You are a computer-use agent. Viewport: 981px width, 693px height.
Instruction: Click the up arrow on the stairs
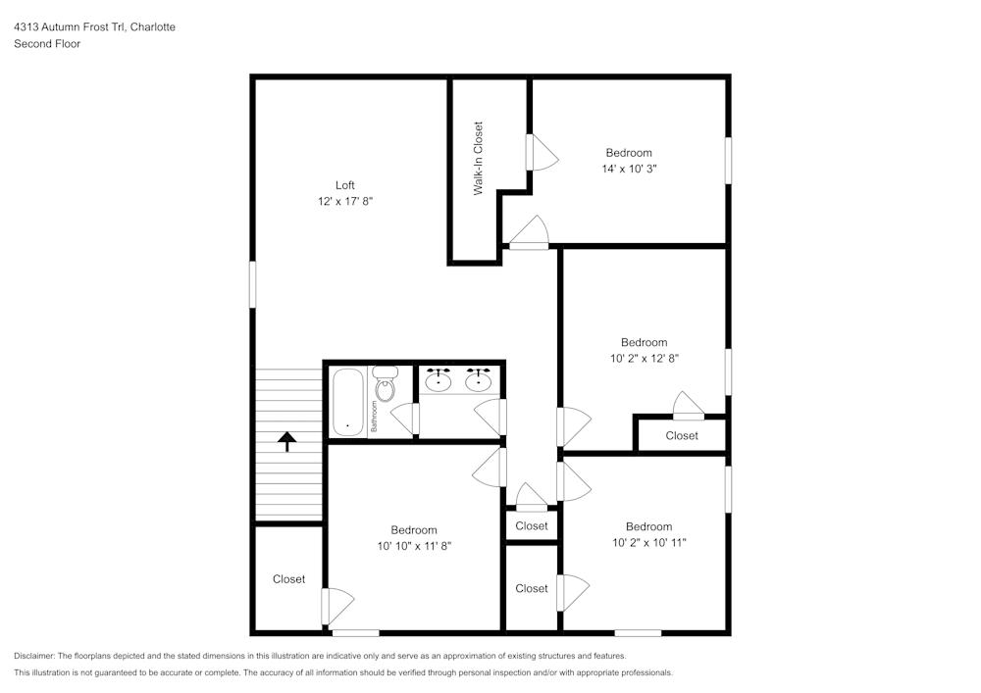(x=287, y=441)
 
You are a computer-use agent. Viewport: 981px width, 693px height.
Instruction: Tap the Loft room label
(x=344, y=185)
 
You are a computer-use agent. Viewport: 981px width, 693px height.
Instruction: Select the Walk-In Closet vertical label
(x=479, y=158)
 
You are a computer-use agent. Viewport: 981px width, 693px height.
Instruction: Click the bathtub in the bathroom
(x=347, y=402)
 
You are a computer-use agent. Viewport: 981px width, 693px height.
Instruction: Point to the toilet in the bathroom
(x=385, y=387)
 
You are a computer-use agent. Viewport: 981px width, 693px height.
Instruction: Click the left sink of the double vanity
(x=439, y=380)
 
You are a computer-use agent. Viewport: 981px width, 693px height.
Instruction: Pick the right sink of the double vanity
(x=479, y=380)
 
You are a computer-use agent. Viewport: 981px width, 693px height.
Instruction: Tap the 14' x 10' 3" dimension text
(x=629, y=169)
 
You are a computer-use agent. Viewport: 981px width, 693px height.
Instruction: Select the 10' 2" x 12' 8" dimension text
(x=644, y=359)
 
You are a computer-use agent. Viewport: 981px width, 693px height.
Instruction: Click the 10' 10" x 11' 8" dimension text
(x=414, y=546)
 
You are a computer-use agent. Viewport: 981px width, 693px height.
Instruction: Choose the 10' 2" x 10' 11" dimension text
(x=648, y=542)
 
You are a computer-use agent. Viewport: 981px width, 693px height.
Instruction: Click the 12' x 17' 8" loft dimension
(x=344, y=201)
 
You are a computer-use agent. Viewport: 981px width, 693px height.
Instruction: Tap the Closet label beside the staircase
(x=288, y=579)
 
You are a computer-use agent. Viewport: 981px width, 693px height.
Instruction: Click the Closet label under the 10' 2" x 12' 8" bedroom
(x=682, y=435)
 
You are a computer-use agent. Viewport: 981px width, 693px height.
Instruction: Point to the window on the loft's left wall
(x=252, y=283)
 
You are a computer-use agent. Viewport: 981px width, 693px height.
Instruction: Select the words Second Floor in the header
(x=47, y=44)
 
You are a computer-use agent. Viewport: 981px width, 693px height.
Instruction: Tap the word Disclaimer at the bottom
(x=34, y=656)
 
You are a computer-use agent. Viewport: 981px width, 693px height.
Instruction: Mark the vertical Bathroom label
(x=374, y=417)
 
